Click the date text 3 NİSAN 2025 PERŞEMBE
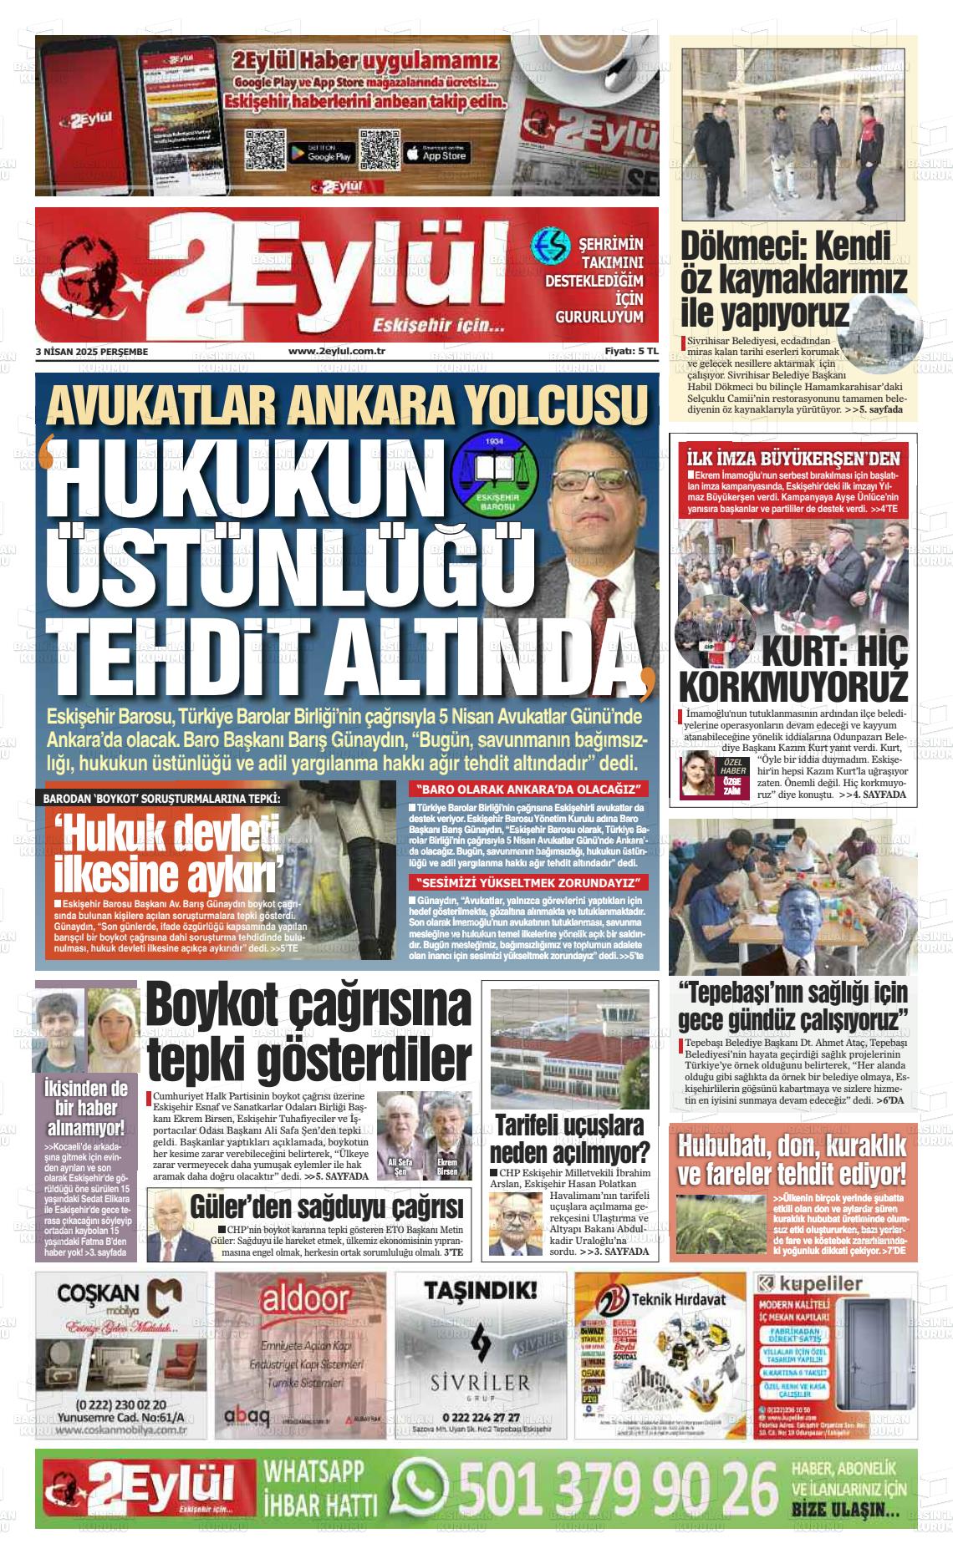92,352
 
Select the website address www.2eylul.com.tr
335,352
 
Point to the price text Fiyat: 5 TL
632,352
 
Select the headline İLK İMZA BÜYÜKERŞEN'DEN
792,458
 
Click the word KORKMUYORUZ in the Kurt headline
792,686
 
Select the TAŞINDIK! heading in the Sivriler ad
481,1292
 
